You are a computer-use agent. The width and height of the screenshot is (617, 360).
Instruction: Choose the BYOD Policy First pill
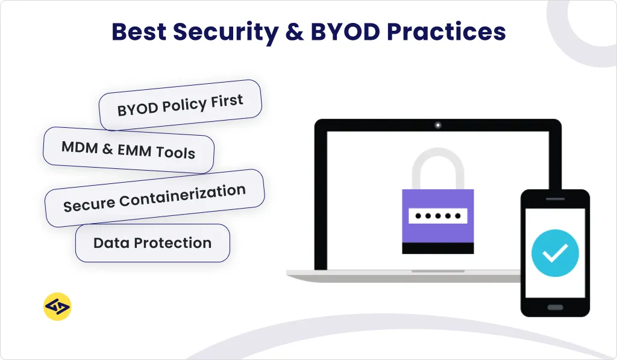[x=180, y=105]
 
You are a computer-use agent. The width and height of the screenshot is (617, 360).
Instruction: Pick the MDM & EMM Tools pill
[x=128, y=150]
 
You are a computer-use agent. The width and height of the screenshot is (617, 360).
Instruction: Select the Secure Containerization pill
[x=154, y=198]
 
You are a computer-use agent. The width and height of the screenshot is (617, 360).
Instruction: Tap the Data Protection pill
[x=152, y=244]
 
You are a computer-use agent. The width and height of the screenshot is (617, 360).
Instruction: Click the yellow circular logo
[x=58, y=307]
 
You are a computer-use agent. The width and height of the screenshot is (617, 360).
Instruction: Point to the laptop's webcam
[x=438, y=125]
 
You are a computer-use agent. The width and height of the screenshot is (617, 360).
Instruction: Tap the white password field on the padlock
[x=438, y=216]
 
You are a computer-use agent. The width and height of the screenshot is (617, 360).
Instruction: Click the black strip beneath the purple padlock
[x=438, y=248]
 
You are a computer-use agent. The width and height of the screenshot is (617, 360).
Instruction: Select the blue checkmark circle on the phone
[x=555, y=253]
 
